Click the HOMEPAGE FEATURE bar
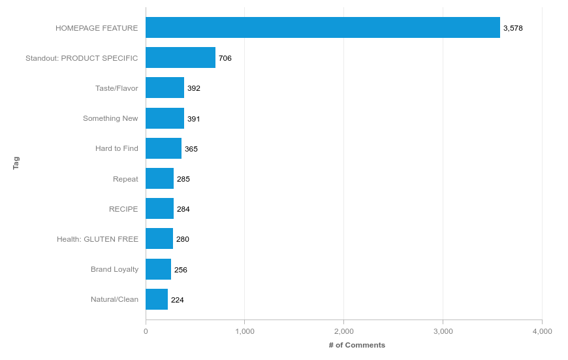point(323,27)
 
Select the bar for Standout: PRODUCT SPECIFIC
point(180,57)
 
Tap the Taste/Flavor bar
point(165,88)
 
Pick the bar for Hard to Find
point(163,148)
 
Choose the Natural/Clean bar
point(157,299)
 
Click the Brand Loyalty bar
point(158,269)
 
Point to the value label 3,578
point(513,28)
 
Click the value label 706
point(225,58)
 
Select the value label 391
point(194,119)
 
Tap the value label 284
point(183,209)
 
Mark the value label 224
point(177,300)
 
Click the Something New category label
point(110,118)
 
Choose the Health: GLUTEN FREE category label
point(97,239)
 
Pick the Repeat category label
point(125,179)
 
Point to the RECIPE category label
point(123,209)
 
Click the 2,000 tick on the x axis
point(343,331)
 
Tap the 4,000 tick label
point(542,331)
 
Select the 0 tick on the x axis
point(146,331)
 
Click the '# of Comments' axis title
point(356,345)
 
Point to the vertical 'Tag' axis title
point(16,163)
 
